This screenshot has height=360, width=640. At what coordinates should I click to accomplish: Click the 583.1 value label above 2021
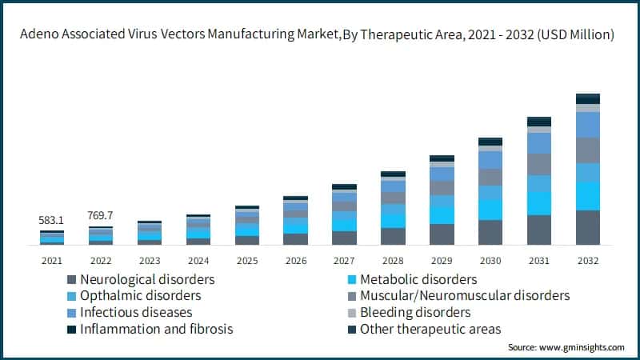pos(52,220)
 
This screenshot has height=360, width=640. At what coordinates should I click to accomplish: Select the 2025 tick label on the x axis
pos(246,259)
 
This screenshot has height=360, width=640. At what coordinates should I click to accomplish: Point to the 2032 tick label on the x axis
pos(587,259)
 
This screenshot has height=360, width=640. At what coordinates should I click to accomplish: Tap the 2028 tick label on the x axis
pos(393,259)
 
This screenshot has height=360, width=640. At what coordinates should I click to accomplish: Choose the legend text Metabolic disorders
pos(418,279)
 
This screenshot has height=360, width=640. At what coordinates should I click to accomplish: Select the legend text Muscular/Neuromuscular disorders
pos(465,295)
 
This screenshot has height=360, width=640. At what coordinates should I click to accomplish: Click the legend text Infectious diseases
pos(136,312)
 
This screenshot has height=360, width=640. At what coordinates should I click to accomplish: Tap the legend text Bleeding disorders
pos(415,312)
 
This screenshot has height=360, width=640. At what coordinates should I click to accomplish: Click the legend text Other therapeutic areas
pos(430,328)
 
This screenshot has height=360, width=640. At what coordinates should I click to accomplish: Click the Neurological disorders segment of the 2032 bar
pos(588,227)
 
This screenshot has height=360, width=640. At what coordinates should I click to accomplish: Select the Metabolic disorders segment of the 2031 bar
pos(539,203)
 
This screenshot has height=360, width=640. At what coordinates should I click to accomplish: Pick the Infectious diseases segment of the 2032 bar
pos(588,124)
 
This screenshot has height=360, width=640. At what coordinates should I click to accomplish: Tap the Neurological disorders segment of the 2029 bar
pos(442,234)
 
